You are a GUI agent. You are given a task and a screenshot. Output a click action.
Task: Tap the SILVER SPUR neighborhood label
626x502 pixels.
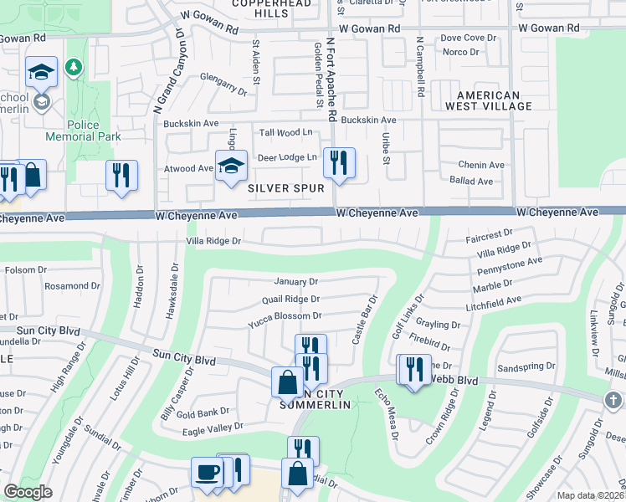286,189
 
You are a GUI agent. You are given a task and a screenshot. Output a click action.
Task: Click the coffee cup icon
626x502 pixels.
207,473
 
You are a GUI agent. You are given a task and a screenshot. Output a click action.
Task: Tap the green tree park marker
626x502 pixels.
74,66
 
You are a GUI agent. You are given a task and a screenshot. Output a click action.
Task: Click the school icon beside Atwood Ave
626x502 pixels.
231,165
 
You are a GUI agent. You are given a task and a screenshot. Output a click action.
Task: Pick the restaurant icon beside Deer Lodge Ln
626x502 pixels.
338,161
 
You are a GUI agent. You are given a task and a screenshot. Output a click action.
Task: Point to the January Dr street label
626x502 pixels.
296,282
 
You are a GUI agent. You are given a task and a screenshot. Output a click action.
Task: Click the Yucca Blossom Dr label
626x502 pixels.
285,316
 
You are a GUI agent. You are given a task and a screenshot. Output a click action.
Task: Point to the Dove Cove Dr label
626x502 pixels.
463,38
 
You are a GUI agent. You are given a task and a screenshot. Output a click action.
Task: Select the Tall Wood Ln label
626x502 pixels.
285,132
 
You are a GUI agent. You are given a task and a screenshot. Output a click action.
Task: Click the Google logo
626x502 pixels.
28,492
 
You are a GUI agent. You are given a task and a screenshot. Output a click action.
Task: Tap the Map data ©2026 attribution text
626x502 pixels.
591,495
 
